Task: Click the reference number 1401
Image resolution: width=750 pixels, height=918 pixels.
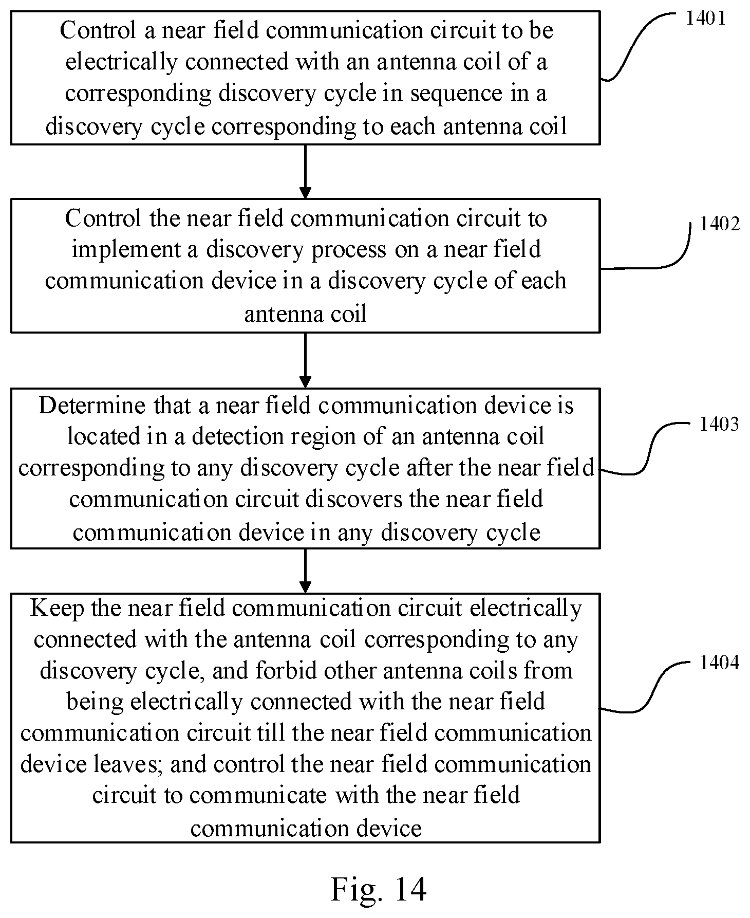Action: click(706, 19)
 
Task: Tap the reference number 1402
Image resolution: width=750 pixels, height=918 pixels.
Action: click(720, 224)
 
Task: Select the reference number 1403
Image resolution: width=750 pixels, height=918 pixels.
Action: click(719, 424)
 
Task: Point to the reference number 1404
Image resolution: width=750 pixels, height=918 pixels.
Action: click(719, 663)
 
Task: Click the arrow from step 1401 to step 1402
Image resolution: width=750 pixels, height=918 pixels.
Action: click(305, 172)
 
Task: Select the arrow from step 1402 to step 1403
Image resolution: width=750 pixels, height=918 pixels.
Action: click(305, 360)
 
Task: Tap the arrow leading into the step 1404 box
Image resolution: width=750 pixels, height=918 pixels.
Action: click(305, 571)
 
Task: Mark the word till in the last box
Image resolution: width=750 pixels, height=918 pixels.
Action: click(271, 733)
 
